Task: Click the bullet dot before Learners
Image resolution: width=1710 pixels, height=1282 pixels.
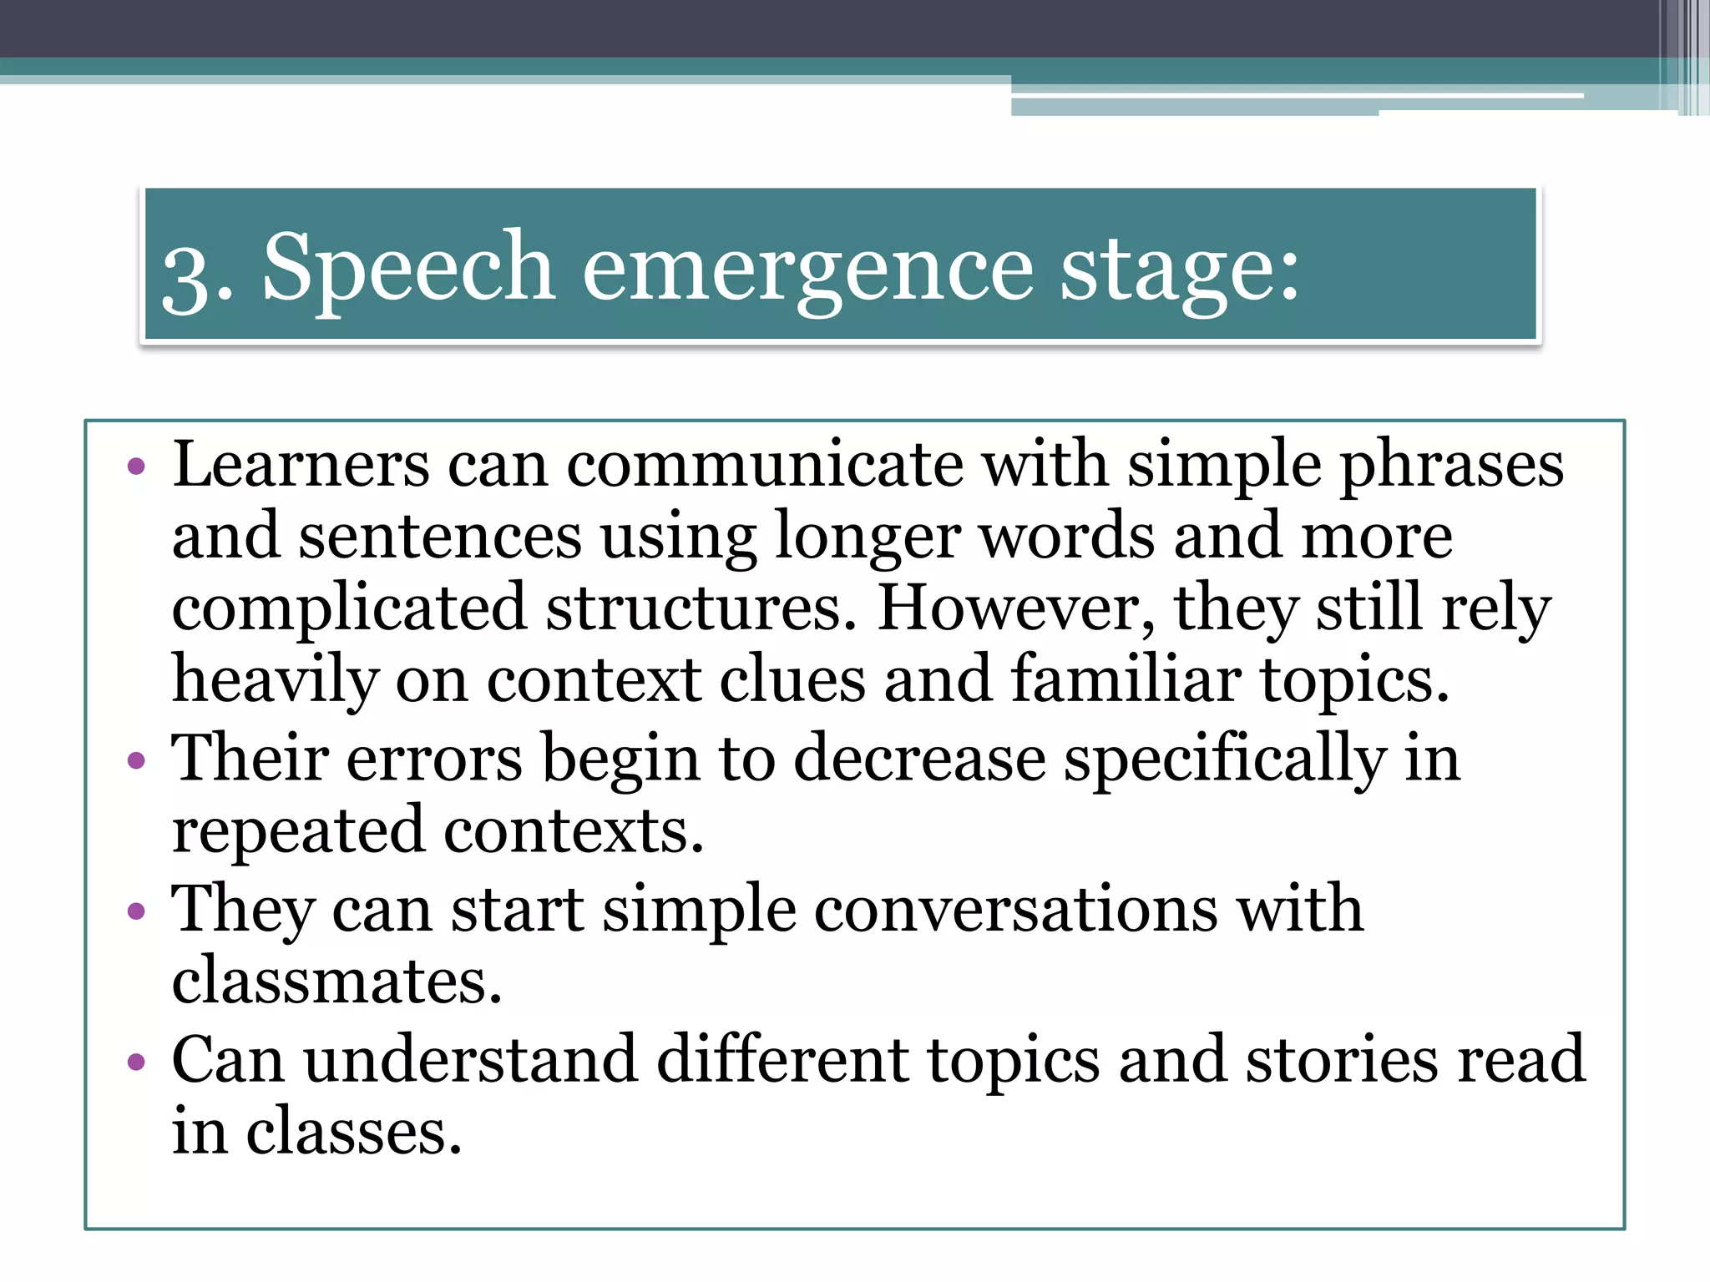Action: tap(136, 466)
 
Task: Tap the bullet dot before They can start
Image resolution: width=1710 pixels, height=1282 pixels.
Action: tap(136, 911)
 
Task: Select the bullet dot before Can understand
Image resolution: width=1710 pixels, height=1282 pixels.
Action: tap(136, 1062)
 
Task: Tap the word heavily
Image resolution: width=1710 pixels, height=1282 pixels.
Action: tap(275, 680)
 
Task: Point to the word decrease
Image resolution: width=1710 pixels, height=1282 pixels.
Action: tap(919, 759)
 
